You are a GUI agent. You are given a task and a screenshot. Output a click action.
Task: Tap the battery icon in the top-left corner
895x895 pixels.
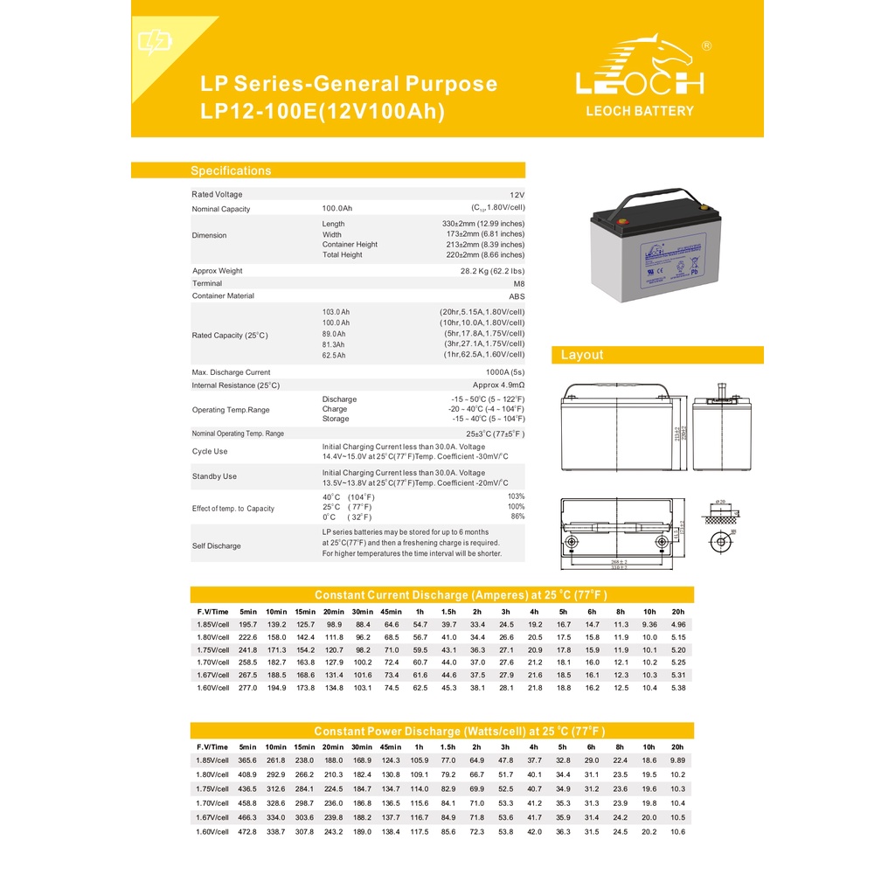[x=155, y=41]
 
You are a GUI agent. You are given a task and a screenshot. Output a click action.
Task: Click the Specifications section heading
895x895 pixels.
[x=231, y=170]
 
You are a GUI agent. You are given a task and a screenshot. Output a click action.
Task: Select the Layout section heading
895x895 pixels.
[x=582, y=355]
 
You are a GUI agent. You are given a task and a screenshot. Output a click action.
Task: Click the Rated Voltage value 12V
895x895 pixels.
[x=517, y=195]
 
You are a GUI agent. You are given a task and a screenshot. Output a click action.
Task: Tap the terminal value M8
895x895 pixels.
[x=518, y=283]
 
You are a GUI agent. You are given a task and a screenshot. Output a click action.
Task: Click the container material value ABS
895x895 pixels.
[x=517, y=296]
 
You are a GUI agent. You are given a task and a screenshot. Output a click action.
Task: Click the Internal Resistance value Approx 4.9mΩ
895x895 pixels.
[x=498, y=385]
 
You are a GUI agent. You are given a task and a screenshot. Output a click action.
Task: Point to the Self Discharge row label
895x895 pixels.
[x=216, y=546]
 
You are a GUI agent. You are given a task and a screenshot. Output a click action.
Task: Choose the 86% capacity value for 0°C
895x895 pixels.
[x=517, y=517]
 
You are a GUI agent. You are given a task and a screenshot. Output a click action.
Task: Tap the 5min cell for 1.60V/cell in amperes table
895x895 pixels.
[x=248, y=688]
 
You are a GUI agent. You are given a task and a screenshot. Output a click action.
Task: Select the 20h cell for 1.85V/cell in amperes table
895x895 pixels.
[x=677, y=625]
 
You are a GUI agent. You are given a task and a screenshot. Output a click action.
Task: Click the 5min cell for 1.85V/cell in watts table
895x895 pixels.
[x=248, y=760]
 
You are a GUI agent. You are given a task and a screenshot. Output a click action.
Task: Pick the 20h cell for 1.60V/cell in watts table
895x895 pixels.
[x=677, y=831]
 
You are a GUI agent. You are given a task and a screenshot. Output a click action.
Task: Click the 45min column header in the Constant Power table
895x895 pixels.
[x=391, y=747]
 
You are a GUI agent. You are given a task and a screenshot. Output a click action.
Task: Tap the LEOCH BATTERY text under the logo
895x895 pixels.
[x=639, y=111]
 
